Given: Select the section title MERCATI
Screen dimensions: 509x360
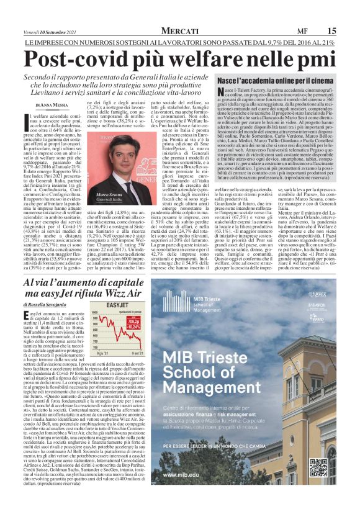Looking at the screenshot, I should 179,30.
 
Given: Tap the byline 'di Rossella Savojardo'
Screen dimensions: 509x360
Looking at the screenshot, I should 52,305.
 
